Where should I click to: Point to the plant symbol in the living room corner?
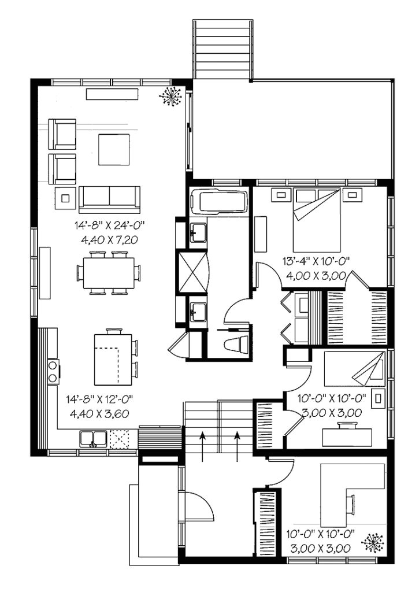pyautogui.click(x=172, y=97)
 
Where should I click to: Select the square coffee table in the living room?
pyautogui.click(x=113, y=149)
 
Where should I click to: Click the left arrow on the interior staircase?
pyautogui.click(x=202, y=446)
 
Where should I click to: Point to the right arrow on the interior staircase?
pyautogui.click(x=237, y=446)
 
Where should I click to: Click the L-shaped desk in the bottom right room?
pyautogui.click(x=361, y=489)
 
